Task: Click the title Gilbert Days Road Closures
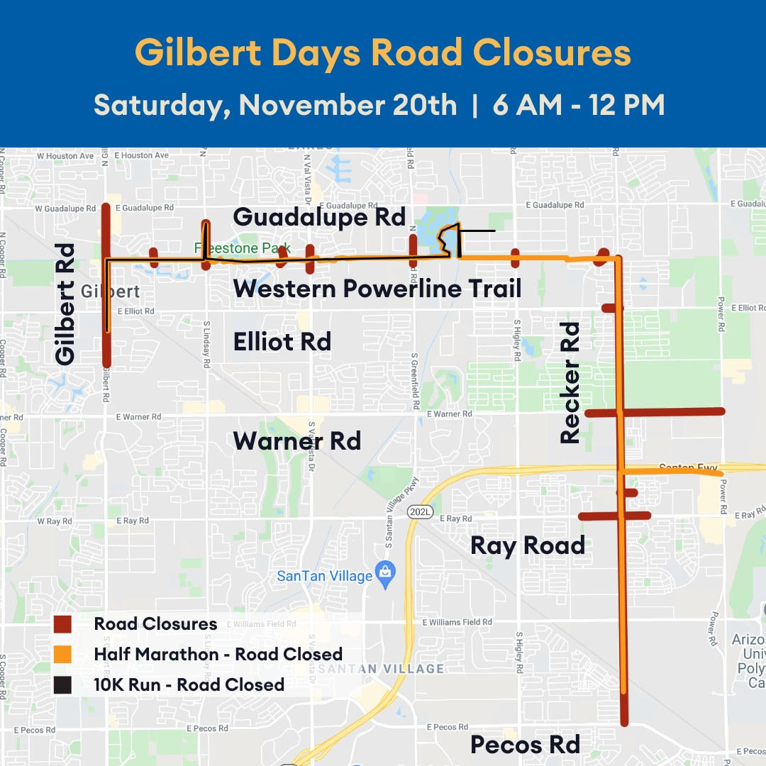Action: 383,53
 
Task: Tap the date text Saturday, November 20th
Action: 275,105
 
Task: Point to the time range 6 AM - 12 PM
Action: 577,105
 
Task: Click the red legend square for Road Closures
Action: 63,624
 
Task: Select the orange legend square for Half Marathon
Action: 63,654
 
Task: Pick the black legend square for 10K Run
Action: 63,684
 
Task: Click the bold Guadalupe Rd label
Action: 319,217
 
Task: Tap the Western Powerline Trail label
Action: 377,289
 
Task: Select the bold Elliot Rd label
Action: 282,341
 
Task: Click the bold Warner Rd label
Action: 297,440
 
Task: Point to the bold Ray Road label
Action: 528,545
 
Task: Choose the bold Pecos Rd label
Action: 526,745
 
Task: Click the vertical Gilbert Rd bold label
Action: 65,304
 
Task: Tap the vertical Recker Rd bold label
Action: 570,383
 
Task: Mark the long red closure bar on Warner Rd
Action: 654,411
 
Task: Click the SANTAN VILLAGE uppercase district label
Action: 381,669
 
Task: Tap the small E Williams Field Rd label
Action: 457,622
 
